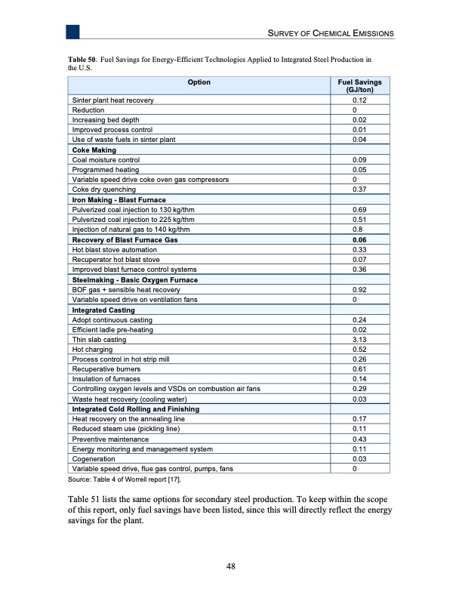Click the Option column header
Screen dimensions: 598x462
tap(199, 82)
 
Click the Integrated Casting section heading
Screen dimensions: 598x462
tap(103, 310)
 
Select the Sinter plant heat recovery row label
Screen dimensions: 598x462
tap(112, 100)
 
